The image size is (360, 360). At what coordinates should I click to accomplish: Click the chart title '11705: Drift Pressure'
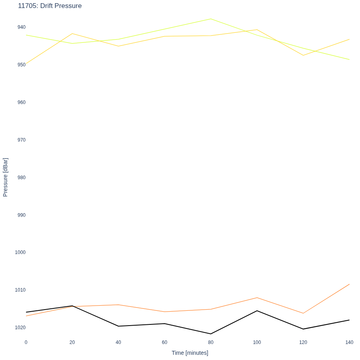pyautogui.click(x=50, y=6)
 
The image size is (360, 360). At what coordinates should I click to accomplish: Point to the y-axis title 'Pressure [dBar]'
pyautogui.click(x=5, y=177)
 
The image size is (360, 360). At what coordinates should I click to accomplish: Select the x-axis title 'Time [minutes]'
pyautogui.click(x=190, y=353)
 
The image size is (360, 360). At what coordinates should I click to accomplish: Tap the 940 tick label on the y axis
pyautogui.click(x=22, y=27)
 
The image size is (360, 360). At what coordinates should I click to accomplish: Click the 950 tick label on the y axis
pyautogui.click(x=22, y=65)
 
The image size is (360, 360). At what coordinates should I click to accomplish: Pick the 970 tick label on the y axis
pyautogui.click(x=22, y=140)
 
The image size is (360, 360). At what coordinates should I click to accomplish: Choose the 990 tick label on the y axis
pyautogui.click(x=22, y=215)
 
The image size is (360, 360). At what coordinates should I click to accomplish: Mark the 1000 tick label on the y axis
pyautogui.click(x=20, y=252)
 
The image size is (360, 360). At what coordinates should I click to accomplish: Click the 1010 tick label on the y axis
pyautogui.click(x=20, y=290)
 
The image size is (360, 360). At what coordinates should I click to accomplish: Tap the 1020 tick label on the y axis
pyautogui.click(x=20, y=327)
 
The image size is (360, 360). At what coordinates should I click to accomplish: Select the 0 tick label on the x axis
pyautogui.click(x=26, y=342)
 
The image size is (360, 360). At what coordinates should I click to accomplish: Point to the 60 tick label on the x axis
pyautogui.click(x=165, y=342)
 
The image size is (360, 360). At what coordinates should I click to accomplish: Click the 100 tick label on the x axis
pyautogui.click(x=257, y=342)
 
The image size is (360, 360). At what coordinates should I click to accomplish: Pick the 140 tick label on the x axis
pyautogui.click(x=349, y=342)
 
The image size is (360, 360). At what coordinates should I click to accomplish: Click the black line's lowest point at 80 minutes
pyautogui.click(x=211, y=334)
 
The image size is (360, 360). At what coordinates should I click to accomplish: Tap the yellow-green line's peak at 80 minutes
pyautogui.click(x=211, y=19)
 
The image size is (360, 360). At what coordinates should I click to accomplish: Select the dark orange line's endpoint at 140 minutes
pyautogui.click(x=350, y=284)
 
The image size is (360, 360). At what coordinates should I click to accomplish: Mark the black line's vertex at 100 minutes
pyautogui.click(x=257, y=311)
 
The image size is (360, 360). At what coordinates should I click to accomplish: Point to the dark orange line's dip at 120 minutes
pyautogui.click(x=303, y=313)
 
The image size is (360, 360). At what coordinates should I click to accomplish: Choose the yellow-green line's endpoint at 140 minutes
pyautogui.click(x=350, y=60)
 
